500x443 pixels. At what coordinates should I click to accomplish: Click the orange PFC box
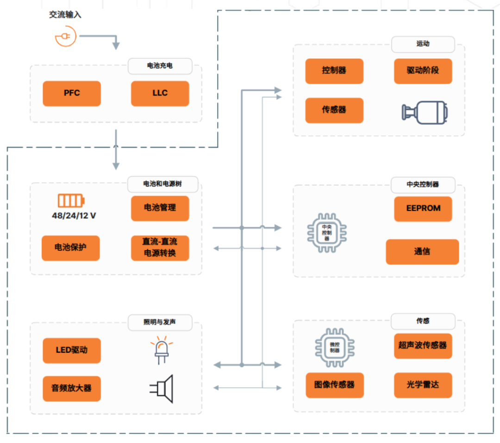click(x=72, y=93)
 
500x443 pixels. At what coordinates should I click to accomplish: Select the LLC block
click(x=160, y=93)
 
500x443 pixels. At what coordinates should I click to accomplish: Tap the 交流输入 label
click(x=65, y=15)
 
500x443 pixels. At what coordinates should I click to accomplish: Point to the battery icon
click(x=71, y=200)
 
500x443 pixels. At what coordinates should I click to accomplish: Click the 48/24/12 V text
click(x=74, y=216)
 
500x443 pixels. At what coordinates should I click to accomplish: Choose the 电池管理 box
click(x=160, y=208)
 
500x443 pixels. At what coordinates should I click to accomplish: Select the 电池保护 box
click(x=70, y=248)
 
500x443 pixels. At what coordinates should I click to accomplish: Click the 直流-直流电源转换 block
click(x=160, y=248)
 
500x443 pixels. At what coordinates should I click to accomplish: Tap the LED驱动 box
click(x=71, y=350)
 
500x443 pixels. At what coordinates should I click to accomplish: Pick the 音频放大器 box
click(x=71, y=388)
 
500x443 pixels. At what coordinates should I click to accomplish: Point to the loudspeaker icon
click(x=162, y=388)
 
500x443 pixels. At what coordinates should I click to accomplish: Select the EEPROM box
click(x=423, y=208)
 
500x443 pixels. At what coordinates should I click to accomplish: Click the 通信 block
click(x=422, y=252)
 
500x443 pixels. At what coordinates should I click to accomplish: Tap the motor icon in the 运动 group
click(x=424, y=112)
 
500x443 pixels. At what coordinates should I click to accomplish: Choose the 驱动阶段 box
click(x=423, y=71)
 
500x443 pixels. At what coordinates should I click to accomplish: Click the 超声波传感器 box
click(x=423, y=345)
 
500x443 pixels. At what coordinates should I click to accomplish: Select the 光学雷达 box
click(x=423, y=384)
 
